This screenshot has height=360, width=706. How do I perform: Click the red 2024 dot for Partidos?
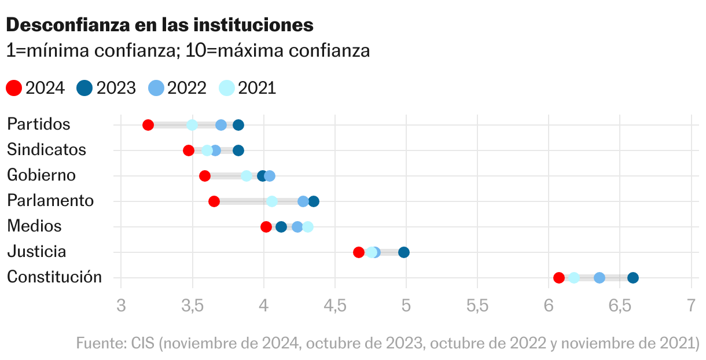148,125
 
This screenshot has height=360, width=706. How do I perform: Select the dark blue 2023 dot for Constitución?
633,278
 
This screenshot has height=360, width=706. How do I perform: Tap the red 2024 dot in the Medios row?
266,227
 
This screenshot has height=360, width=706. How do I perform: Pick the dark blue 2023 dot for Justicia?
404,252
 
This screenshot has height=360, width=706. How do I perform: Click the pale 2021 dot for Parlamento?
272,201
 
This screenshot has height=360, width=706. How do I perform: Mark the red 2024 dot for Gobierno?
205,176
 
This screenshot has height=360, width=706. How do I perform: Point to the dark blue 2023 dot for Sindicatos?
238,150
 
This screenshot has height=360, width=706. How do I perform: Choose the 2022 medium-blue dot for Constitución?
600,278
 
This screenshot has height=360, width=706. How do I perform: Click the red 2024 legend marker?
14,88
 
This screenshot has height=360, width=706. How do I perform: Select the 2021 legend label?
257,88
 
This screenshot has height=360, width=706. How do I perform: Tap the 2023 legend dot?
84,88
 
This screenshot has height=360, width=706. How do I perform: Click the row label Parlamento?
50,201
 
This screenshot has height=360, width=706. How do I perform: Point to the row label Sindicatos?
46,150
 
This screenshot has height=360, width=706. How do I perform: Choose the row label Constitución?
54,277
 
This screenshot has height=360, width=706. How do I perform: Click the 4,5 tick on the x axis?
335,306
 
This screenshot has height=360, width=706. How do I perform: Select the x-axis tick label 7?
691,306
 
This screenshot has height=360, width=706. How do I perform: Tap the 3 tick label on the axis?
121,306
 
